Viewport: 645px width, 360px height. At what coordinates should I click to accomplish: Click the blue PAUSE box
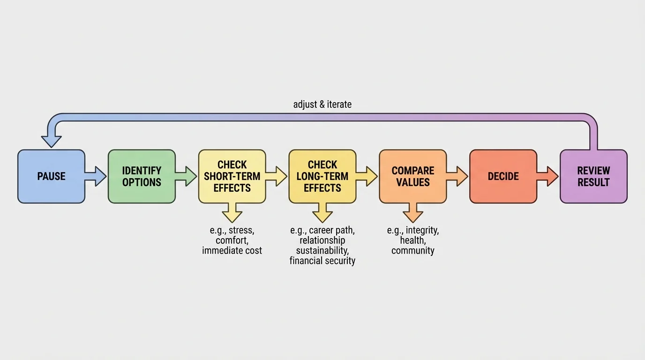point(51,176)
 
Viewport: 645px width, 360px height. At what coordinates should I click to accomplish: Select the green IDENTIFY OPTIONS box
point(142,176)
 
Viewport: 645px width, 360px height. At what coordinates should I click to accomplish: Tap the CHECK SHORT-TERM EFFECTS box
point(232,176)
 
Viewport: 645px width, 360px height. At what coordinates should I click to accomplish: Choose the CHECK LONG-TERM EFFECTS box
point(322,176)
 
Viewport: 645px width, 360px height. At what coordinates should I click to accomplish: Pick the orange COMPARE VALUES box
point(413,176)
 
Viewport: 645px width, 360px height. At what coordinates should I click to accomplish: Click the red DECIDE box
point(503,176)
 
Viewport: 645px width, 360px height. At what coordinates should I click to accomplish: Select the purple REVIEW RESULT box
point(593,176)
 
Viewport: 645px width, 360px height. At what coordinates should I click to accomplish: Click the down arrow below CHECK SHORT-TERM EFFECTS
point(232,213)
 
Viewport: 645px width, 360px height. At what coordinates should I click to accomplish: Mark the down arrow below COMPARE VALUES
point(413,213)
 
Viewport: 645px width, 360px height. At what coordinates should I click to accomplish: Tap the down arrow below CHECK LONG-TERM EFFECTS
point(322,213)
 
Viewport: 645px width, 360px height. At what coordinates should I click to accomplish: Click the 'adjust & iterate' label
point(322,104)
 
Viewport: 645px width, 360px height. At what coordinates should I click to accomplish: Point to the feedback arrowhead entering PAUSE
point(51,140)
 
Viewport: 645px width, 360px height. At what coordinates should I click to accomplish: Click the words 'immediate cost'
point(232,251)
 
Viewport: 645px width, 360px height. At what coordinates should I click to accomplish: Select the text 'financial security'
point(322,261)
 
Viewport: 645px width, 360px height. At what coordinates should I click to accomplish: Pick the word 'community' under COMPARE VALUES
point(413,251)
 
